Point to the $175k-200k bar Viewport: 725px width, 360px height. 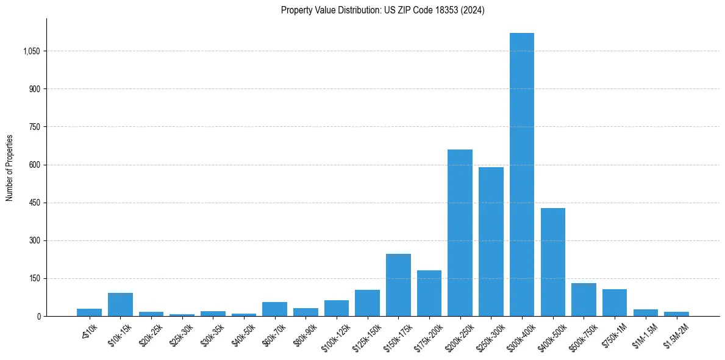(429, 293)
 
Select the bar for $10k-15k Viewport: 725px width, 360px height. (120, 304)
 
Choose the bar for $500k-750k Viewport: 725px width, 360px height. (584, 300)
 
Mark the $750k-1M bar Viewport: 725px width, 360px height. (615, 303)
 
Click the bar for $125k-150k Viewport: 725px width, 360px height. (367, 303)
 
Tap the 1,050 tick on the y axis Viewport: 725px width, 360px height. (31, 51)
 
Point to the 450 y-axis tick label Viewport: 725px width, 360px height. (34, 203)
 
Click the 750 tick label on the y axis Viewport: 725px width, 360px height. (34, 127)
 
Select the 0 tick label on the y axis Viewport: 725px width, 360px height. (38, 316)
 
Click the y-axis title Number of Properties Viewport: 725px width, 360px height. (10, 168)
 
